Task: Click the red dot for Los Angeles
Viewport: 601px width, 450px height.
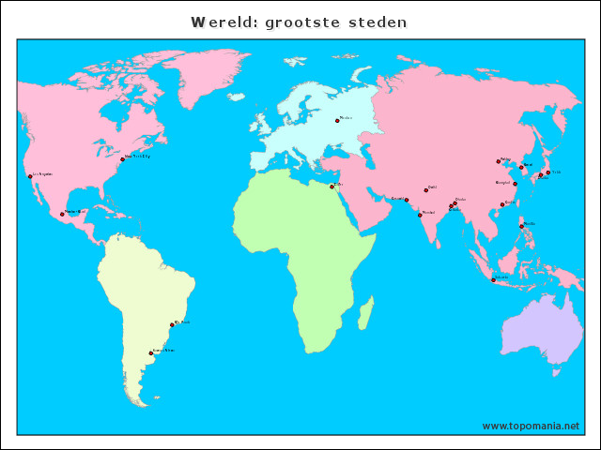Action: click(x=29, y=175)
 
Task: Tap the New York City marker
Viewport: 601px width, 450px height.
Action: click(x=122, y=159)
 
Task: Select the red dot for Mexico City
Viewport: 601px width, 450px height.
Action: click(x=62, y=214)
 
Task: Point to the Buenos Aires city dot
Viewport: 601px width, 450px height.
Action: click(x=150, y=353)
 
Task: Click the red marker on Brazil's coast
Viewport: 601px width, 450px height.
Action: click(x=172, y=325)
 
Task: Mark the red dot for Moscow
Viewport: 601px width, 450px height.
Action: click(x=337, y=120)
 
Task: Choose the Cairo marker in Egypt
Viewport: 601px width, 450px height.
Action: click(x=331, y=186)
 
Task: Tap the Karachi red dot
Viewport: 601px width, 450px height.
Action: click(x=407, y=200)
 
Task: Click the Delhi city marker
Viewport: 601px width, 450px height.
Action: click(x=425, y=190)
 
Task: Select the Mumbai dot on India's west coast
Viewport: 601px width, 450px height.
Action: click(x=420, y=215)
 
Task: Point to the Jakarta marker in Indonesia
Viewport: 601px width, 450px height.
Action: click(x=493, y=279)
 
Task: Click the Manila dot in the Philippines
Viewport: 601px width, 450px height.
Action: click(x=522, y=226)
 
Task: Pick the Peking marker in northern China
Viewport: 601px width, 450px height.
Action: click(x=499, y=161)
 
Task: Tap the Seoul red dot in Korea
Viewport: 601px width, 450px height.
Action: click(x=521, y=167)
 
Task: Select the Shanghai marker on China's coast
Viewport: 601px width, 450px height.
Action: click(x=515, y=184)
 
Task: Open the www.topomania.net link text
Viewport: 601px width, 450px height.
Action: click(x=531, y=426)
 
